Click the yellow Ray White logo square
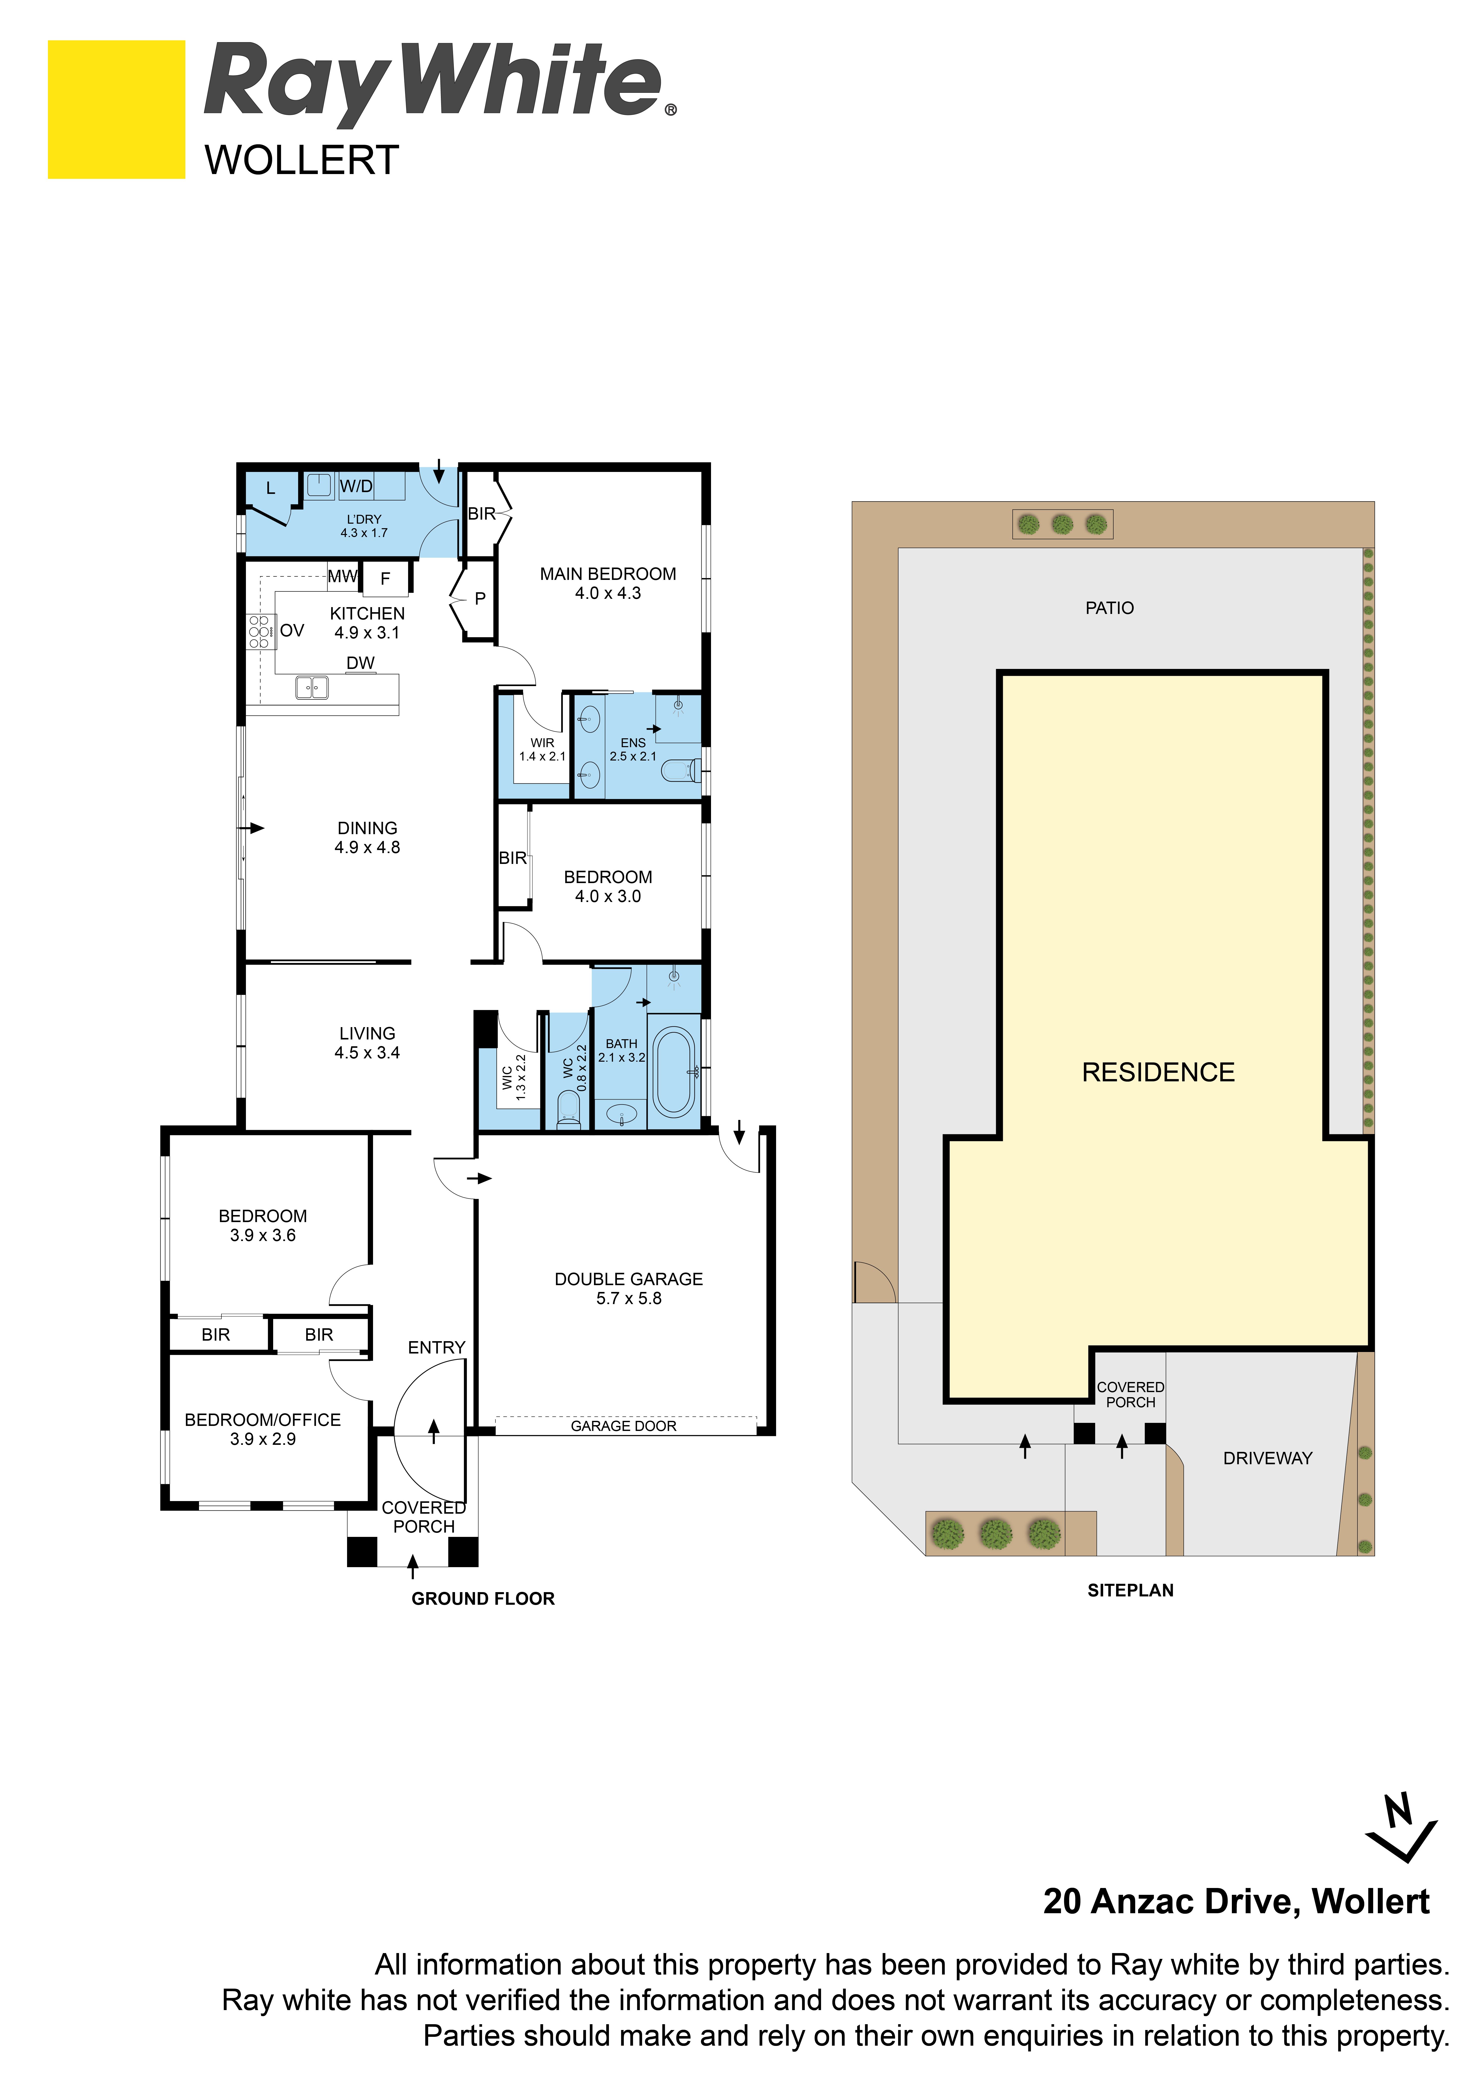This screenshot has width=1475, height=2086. click(116, 109)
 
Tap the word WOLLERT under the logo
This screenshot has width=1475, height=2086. click(302, 161)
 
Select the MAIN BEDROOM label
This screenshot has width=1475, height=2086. click(608, 574)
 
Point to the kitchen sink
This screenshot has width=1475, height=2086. click(311, 688)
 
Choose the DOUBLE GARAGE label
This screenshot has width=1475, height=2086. click(629, 1279)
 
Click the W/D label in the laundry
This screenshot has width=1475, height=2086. click(356, 487)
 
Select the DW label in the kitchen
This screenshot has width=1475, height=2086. click(361, 663)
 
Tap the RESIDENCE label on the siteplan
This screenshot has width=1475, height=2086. click(1158, 1073)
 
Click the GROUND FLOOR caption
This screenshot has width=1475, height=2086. click(483, 1599)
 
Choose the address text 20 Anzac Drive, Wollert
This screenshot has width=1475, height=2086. click(1236, 1902)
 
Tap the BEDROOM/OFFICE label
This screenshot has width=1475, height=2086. click(263, 1420)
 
